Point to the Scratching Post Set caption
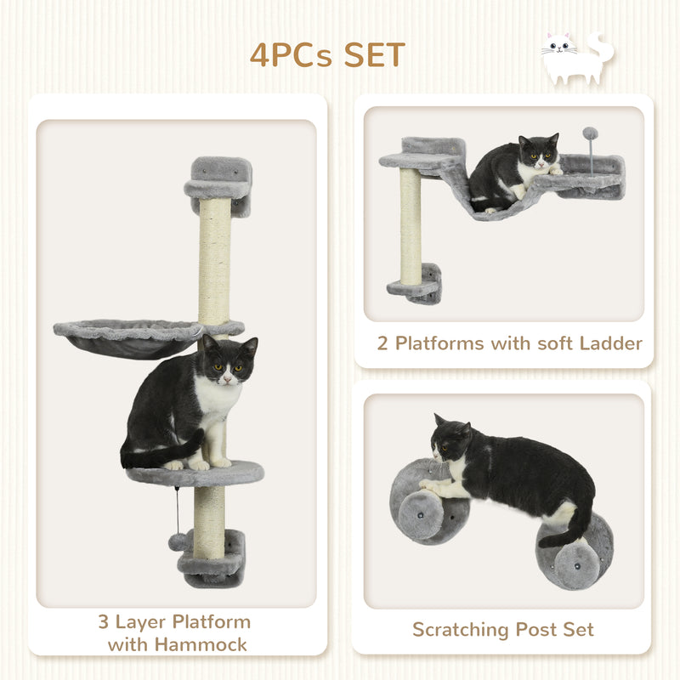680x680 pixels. click(502, 630)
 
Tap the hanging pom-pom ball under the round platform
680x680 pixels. click(177, 541)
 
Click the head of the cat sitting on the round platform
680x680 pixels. click(228, 360)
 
